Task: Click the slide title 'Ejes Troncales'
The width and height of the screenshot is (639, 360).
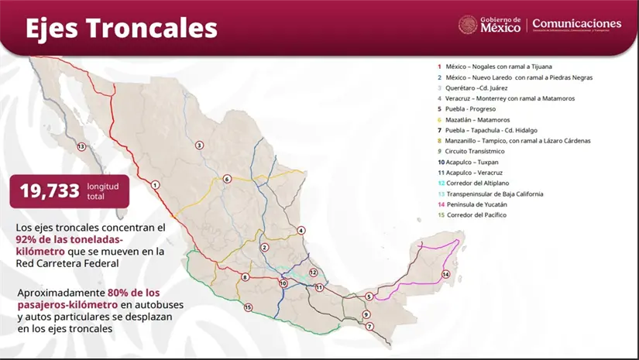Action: click(x=122, y=28)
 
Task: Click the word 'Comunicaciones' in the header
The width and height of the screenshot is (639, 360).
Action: click(x=576, y=24)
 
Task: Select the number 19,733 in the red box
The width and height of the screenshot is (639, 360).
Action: click(x=50, y=190)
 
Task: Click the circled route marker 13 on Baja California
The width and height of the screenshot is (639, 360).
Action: click(x=81, y=146)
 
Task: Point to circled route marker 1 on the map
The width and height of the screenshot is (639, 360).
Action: click(x=156, y=185)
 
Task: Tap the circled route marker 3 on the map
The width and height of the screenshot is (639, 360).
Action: click(x=199, y=145)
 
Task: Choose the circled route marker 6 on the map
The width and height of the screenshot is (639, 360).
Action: click(x=227, y=179)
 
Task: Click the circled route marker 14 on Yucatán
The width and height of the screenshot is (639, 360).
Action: click(x=445, y=274)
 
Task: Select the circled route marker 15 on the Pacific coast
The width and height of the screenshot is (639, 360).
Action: click(x=248, y=307)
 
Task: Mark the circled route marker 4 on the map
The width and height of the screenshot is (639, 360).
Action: click(x=301, y=230)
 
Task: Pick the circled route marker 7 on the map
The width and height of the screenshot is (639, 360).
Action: click(x=369, y=326)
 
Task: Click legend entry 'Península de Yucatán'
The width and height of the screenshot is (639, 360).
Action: click(x=480, y=204)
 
